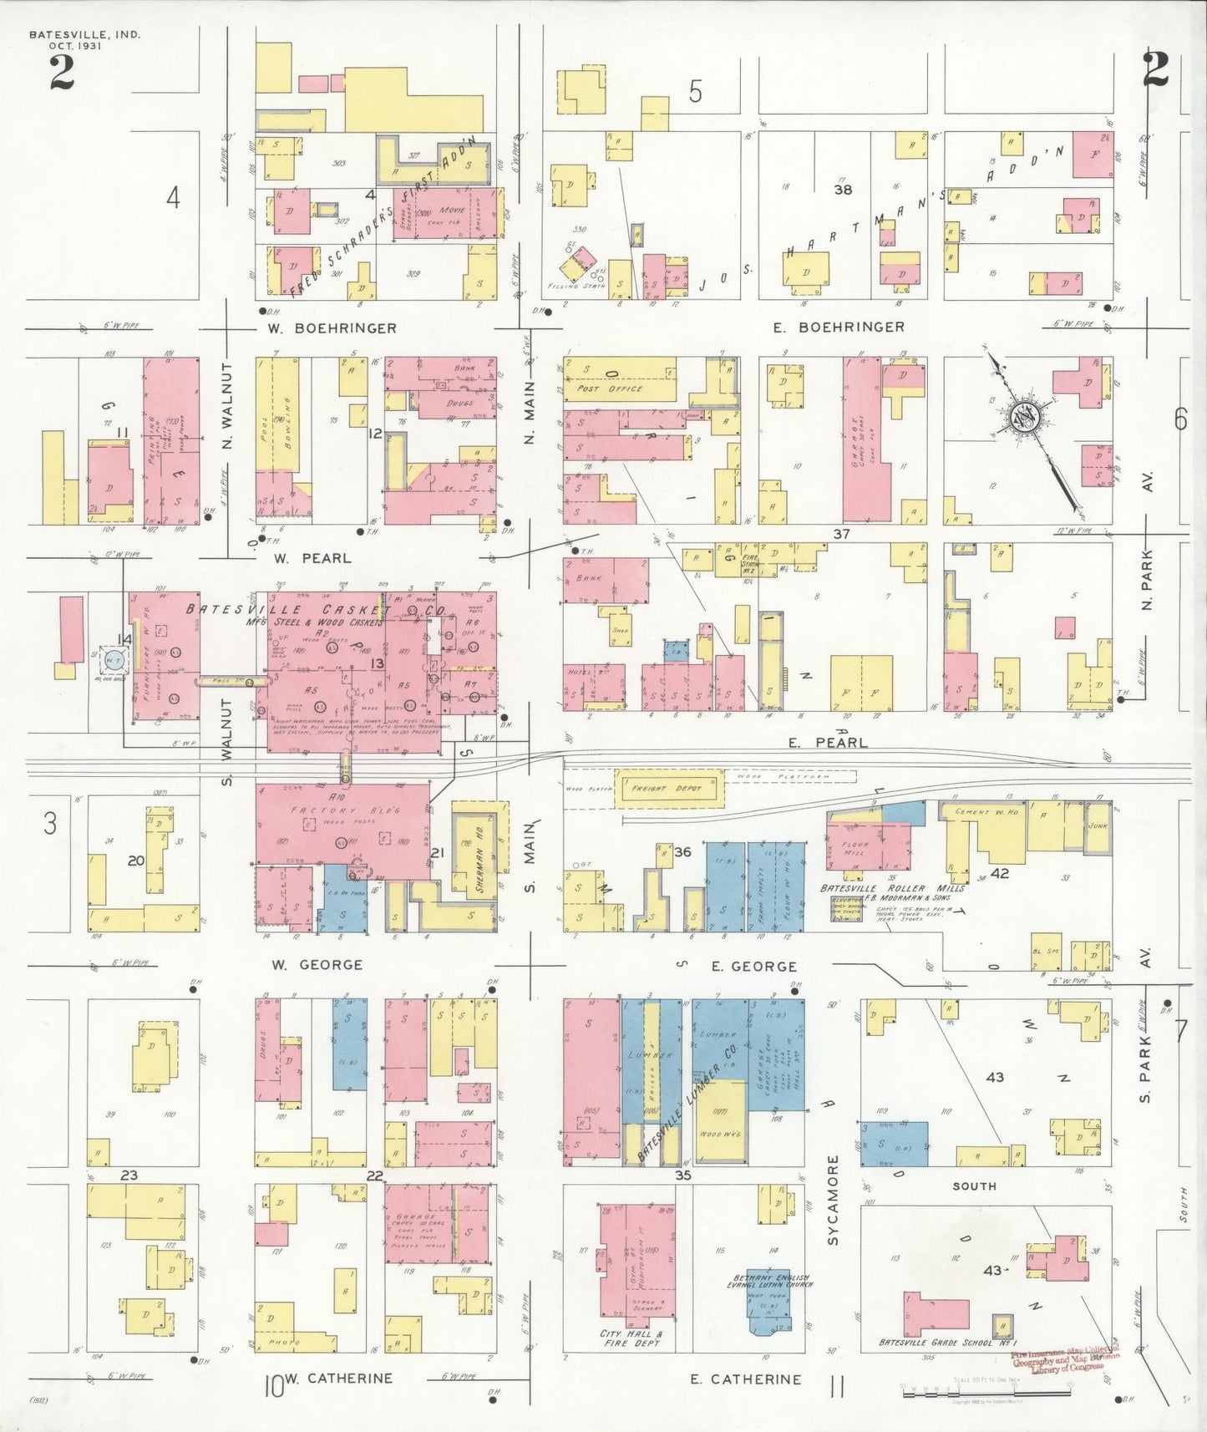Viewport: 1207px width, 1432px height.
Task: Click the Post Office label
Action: coord(610,388)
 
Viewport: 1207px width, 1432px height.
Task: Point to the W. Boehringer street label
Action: coord(332,328)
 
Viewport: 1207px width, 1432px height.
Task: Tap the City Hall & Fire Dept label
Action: coord(631,1338)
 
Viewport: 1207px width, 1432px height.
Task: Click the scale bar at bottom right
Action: coord(986,1393)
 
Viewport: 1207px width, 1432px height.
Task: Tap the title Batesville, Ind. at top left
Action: coord(84,35)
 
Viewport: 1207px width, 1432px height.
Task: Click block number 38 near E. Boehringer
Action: coord(843,190)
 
